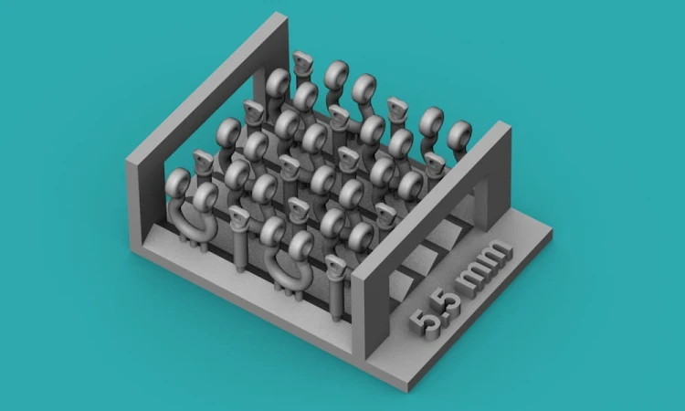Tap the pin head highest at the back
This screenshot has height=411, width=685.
[x=302, y=60]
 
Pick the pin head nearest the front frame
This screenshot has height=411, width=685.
[x=335, y=266]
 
